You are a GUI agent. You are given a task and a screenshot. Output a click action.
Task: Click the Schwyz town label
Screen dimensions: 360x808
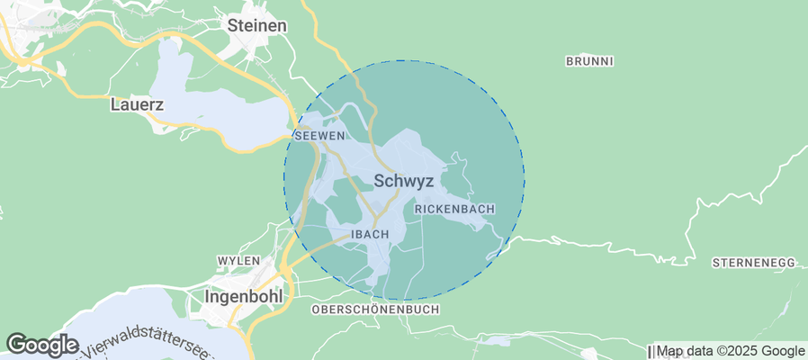(403, 181)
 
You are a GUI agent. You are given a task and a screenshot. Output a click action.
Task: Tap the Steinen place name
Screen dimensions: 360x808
(257, 26)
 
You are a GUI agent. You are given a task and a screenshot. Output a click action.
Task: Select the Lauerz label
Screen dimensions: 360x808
(137, 104)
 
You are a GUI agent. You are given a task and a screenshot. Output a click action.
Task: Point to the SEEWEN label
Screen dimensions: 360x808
(319, 135)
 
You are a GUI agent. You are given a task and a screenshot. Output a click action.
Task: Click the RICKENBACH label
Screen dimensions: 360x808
(454, 209)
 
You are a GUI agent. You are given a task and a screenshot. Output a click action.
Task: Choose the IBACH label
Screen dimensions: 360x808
(369, 234)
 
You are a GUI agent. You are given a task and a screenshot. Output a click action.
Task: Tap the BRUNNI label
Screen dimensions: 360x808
(589, 61)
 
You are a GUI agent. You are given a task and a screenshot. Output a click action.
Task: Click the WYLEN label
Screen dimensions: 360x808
(238, 260)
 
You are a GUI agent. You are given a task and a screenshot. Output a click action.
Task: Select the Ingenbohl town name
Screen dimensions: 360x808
(244, 295)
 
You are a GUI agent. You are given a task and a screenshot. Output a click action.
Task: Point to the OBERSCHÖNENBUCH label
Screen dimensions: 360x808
(374, 309)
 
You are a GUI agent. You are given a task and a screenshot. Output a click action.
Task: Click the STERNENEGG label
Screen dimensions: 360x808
(753, 263)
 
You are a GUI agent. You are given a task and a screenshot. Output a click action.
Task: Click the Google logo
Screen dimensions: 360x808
(41, 344)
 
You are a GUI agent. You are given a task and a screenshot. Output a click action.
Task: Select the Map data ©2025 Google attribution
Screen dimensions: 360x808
(730, 351)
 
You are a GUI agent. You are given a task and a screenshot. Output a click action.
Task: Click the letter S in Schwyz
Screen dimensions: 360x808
(379, 181)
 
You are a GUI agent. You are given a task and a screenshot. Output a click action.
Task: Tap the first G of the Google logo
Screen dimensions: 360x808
(15, 344)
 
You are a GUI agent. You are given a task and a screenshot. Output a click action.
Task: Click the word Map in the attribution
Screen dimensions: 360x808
(669, 351)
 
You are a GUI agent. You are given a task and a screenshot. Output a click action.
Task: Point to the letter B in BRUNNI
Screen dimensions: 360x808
(570, 61)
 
